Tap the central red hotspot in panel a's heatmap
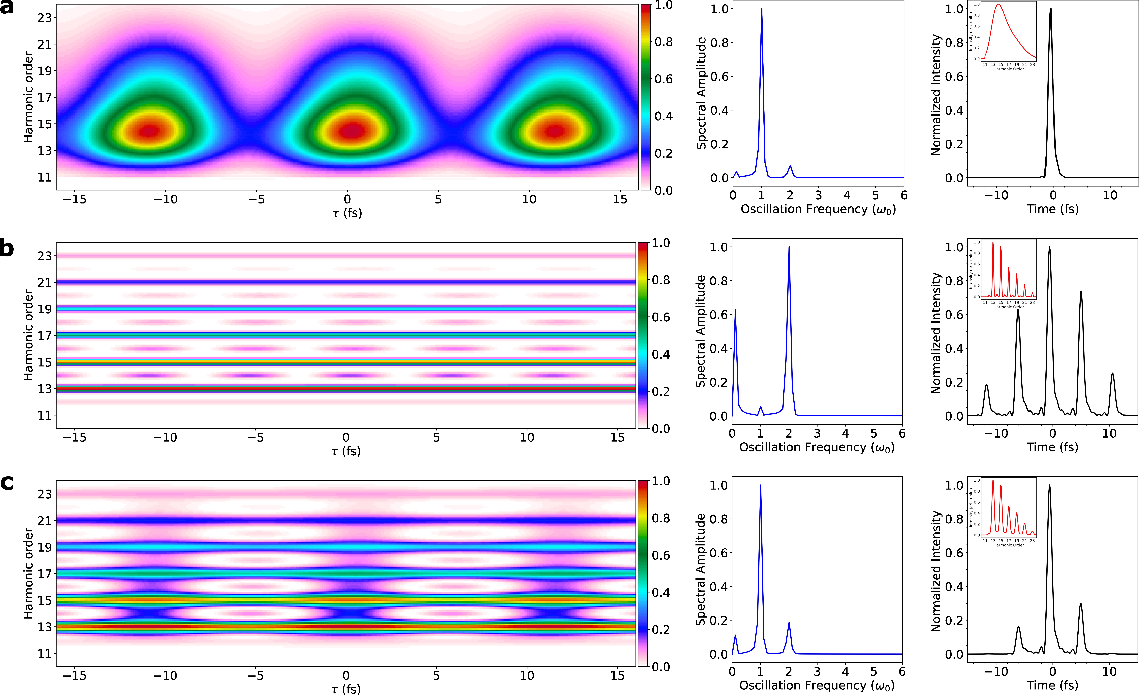351,130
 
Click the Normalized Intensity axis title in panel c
936,571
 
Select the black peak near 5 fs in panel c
1081,604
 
